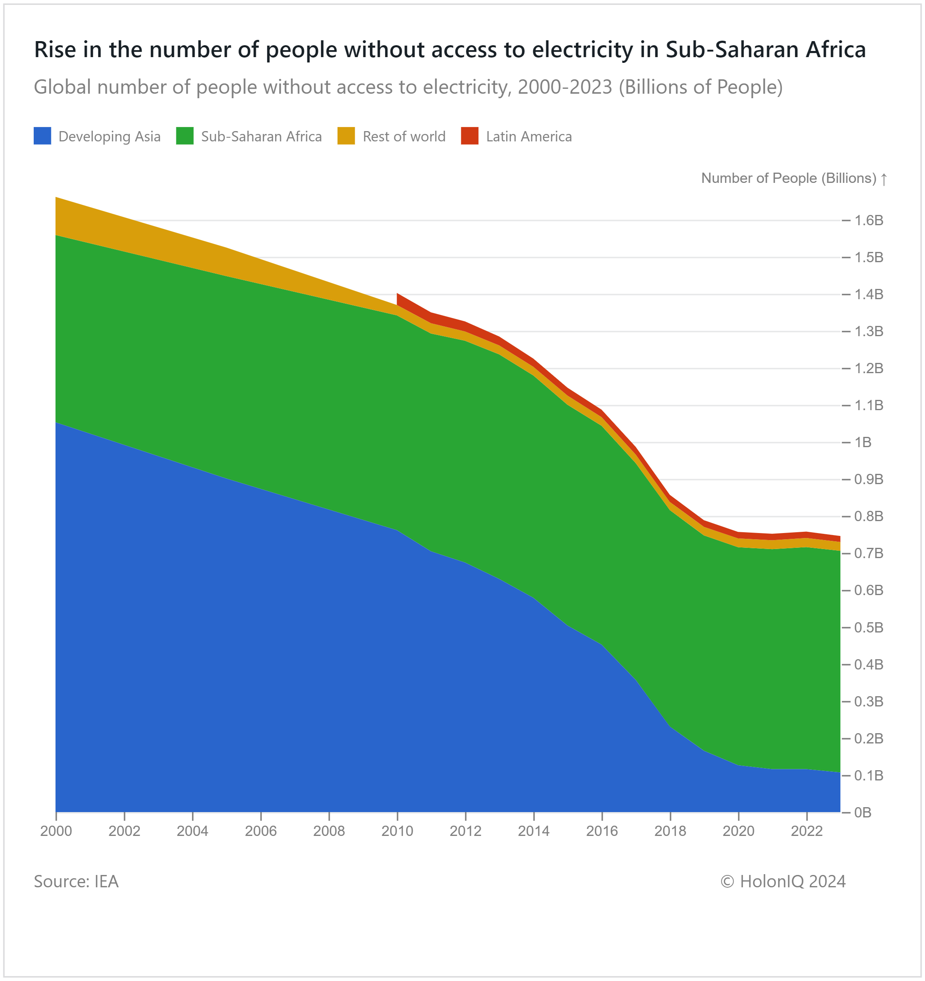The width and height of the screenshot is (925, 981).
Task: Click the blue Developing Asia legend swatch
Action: [x=42, y=136]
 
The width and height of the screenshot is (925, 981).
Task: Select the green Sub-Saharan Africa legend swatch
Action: [x=185, y=136]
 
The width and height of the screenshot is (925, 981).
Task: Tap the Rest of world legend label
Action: [x=404, y=136]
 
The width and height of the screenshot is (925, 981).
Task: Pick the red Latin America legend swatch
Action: [x=469, y=136]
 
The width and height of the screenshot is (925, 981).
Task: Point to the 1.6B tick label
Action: [x=869, y=221]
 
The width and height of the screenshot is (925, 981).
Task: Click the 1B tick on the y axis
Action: [x=863, y=442]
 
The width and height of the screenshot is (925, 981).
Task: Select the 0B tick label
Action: [x=863, y=812]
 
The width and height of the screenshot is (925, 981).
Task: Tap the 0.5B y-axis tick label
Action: [x=869, y=628]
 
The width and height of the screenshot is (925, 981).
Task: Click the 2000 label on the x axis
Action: [x=56, y=831]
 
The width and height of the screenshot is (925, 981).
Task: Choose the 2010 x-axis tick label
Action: [x=398, y=831]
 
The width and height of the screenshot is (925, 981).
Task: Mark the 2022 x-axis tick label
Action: [x=807, y=831]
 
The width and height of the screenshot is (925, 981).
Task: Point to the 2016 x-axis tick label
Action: [x=602, y=831]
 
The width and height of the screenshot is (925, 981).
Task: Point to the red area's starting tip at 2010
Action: [x=398, y=296]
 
